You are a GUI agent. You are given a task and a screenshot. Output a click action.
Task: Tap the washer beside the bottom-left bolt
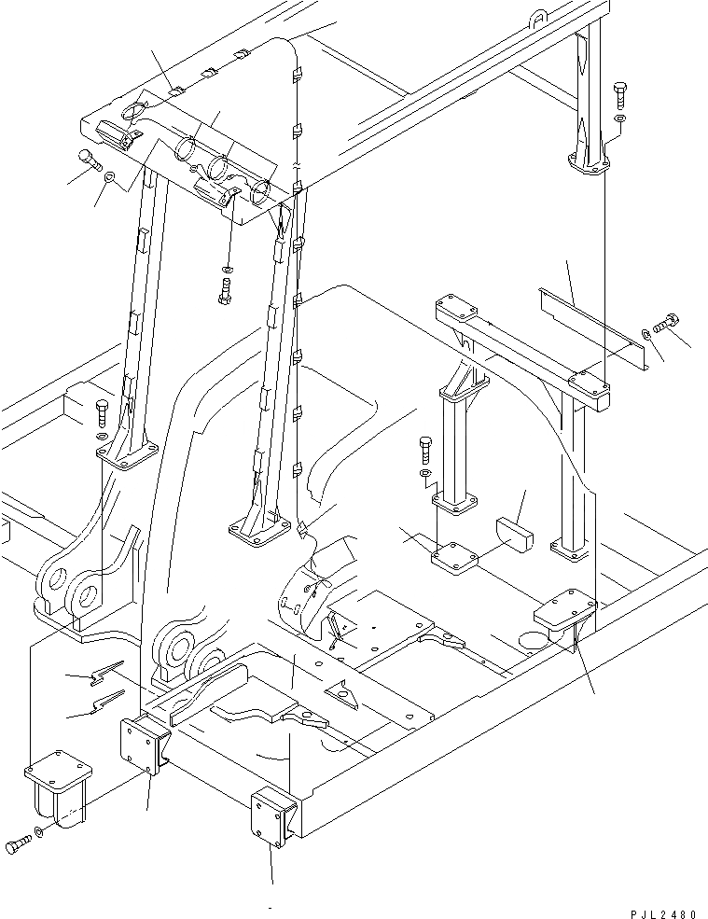38,832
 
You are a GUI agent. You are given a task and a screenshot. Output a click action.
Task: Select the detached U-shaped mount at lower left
58,785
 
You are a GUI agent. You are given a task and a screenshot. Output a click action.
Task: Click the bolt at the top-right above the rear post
620,94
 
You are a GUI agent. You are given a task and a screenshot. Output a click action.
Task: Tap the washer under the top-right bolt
621,119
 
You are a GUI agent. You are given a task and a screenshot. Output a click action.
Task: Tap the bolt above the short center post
425,450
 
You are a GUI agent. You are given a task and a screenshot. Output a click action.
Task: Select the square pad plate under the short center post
454,558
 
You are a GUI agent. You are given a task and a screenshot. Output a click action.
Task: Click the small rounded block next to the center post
515,533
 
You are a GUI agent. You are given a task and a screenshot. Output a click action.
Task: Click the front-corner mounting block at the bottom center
273,816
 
